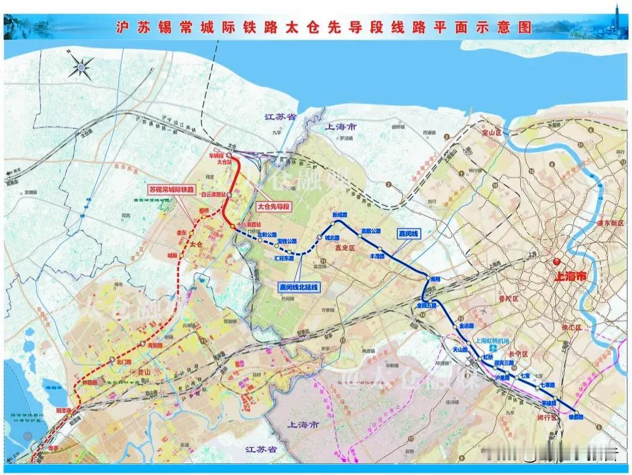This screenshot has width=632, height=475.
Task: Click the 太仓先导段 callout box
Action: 273,206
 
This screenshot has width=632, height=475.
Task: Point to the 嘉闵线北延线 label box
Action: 298,287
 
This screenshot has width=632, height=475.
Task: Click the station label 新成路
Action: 340,215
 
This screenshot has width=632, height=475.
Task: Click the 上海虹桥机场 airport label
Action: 490,341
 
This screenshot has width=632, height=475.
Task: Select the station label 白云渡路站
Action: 213,194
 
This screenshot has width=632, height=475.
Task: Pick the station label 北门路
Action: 124,361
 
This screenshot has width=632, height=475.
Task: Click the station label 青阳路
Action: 154,346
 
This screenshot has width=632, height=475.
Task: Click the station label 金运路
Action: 466,325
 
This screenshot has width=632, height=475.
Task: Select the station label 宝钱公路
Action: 287,241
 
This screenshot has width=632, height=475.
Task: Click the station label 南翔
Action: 434,279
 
